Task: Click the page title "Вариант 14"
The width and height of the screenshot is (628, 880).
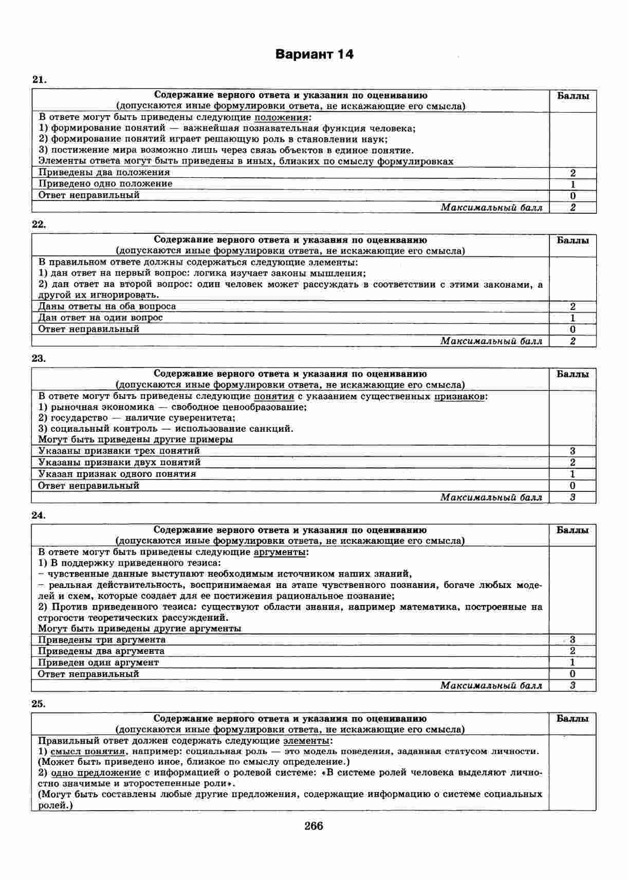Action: click(314, 54)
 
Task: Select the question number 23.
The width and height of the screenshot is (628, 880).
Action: click(39, 359)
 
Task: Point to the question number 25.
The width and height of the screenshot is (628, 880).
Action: click(39, 704)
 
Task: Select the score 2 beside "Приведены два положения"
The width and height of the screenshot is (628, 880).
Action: click(572, 173)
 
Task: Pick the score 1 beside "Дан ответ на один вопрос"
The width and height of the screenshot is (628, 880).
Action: click(572, 318)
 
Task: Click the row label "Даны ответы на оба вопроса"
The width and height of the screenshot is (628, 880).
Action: click(107, 306)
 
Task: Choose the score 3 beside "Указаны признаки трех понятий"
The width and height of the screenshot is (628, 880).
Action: click(572, 451)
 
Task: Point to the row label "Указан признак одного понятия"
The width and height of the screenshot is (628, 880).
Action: click(117, 474)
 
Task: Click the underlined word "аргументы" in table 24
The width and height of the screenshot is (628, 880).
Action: click(281, 553)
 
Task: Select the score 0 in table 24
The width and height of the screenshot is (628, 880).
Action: click(572, 674)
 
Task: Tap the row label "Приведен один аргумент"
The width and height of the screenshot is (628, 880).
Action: click(99, 663)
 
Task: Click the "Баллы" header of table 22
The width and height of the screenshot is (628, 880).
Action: click(572, 241)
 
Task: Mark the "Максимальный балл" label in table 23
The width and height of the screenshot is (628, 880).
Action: click(491, 497)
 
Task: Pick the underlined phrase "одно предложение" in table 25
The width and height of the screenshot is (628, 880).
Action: click(96, 773)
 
